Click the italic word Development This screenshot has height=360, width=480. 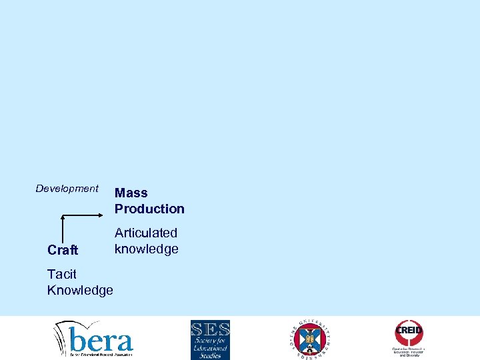tap(67, 189)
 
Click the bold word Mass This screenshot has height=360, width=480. tap(131, 193)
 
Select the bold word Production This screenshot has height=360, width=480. tap(149, 209)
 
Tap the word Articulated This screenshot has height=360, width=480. tap(146, 233)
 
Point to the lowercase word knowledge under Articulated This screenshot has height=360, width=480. tap(146, 249)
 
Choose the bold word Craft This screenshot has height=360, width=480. tap(63, 250)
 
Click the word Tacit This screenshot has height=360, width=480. tap(62, 274)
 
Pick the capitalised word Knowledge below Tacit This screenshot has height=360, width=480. tap(80, 290)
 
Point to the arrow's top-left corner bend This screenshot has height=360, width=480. tap(62, 216)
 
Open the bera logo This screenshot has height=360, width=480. tap(93, 339)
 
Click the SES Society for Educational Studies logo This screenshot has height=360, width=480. tap(210, 339)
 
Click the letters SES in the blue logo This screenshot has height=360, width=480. tap(210, 329)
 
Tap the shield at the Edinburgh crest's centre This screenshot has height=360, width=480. tap(311, 339)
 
